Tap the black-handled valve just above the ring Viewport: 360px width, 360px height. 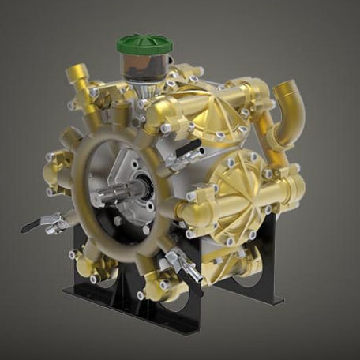(178, 156)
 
